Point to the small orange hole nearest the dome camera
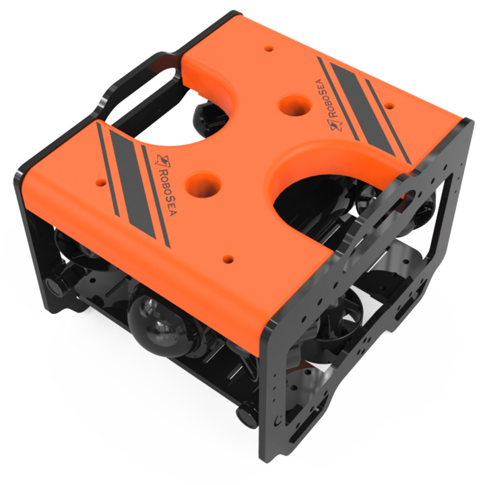[228, 258]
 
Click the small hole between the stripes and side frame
[389, 106]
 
